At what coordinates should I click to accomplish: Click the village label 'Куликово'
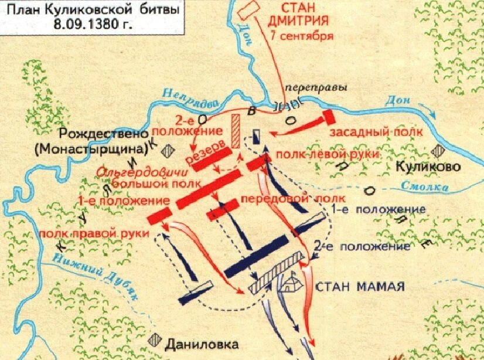[x=428, y=167]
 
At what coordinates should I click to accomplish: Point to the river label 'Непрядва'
[x=187, y=96]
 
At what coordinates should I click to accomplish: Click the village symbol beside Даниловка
[x=156, y=339]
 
